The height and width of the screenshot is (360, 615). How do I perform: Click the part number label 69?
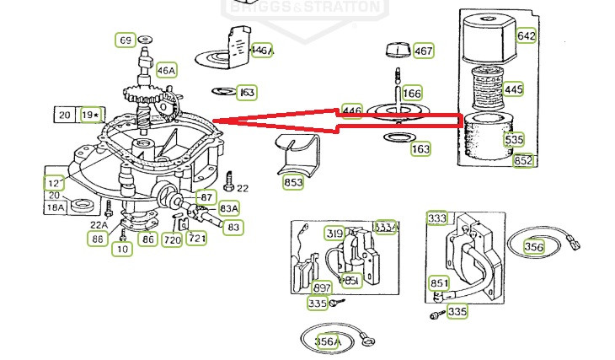tap(126, 40)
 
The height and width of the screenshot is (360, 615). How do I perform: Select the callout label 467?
tap(424, 51)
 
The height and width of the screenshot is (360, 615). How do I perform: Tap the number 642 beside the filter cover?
tap(526, 35)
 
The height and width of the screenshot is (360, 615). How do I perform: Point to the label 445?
tap(513, 89)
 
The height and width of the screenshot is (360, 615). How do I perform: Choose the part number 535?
tap(514, 139)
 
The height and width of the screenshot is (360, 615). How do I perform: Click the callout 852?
tap(523, 161)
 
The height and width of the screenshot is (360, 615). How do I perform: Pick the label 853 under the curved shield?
tap(293, 181)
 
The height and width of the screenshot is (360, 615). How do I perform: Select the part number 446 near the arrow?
tap(351, 111)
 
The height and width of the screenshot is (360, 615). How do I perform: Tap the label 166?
tap(412, 93)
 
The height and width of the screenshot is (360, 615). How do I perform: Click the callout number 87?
tap(206, 196)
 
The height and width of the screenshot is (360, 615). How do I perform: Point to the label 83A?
tap(229, 208)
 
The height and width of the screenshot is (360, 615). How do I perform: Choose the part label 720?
tap(172, 240)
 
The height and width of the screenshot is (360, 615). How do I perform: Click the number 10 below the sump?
tap(123, 249)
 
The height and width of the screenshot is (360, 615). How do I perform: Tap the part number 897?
tap(322, 288)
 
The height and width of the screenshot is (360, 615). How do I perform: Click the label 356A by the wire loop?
tap(327, 341)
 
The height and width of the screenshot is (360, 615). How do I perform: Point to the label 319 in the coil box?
tap(334, 234)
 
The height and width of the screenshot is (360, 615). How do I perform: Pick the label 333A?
tap(386, 227)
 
